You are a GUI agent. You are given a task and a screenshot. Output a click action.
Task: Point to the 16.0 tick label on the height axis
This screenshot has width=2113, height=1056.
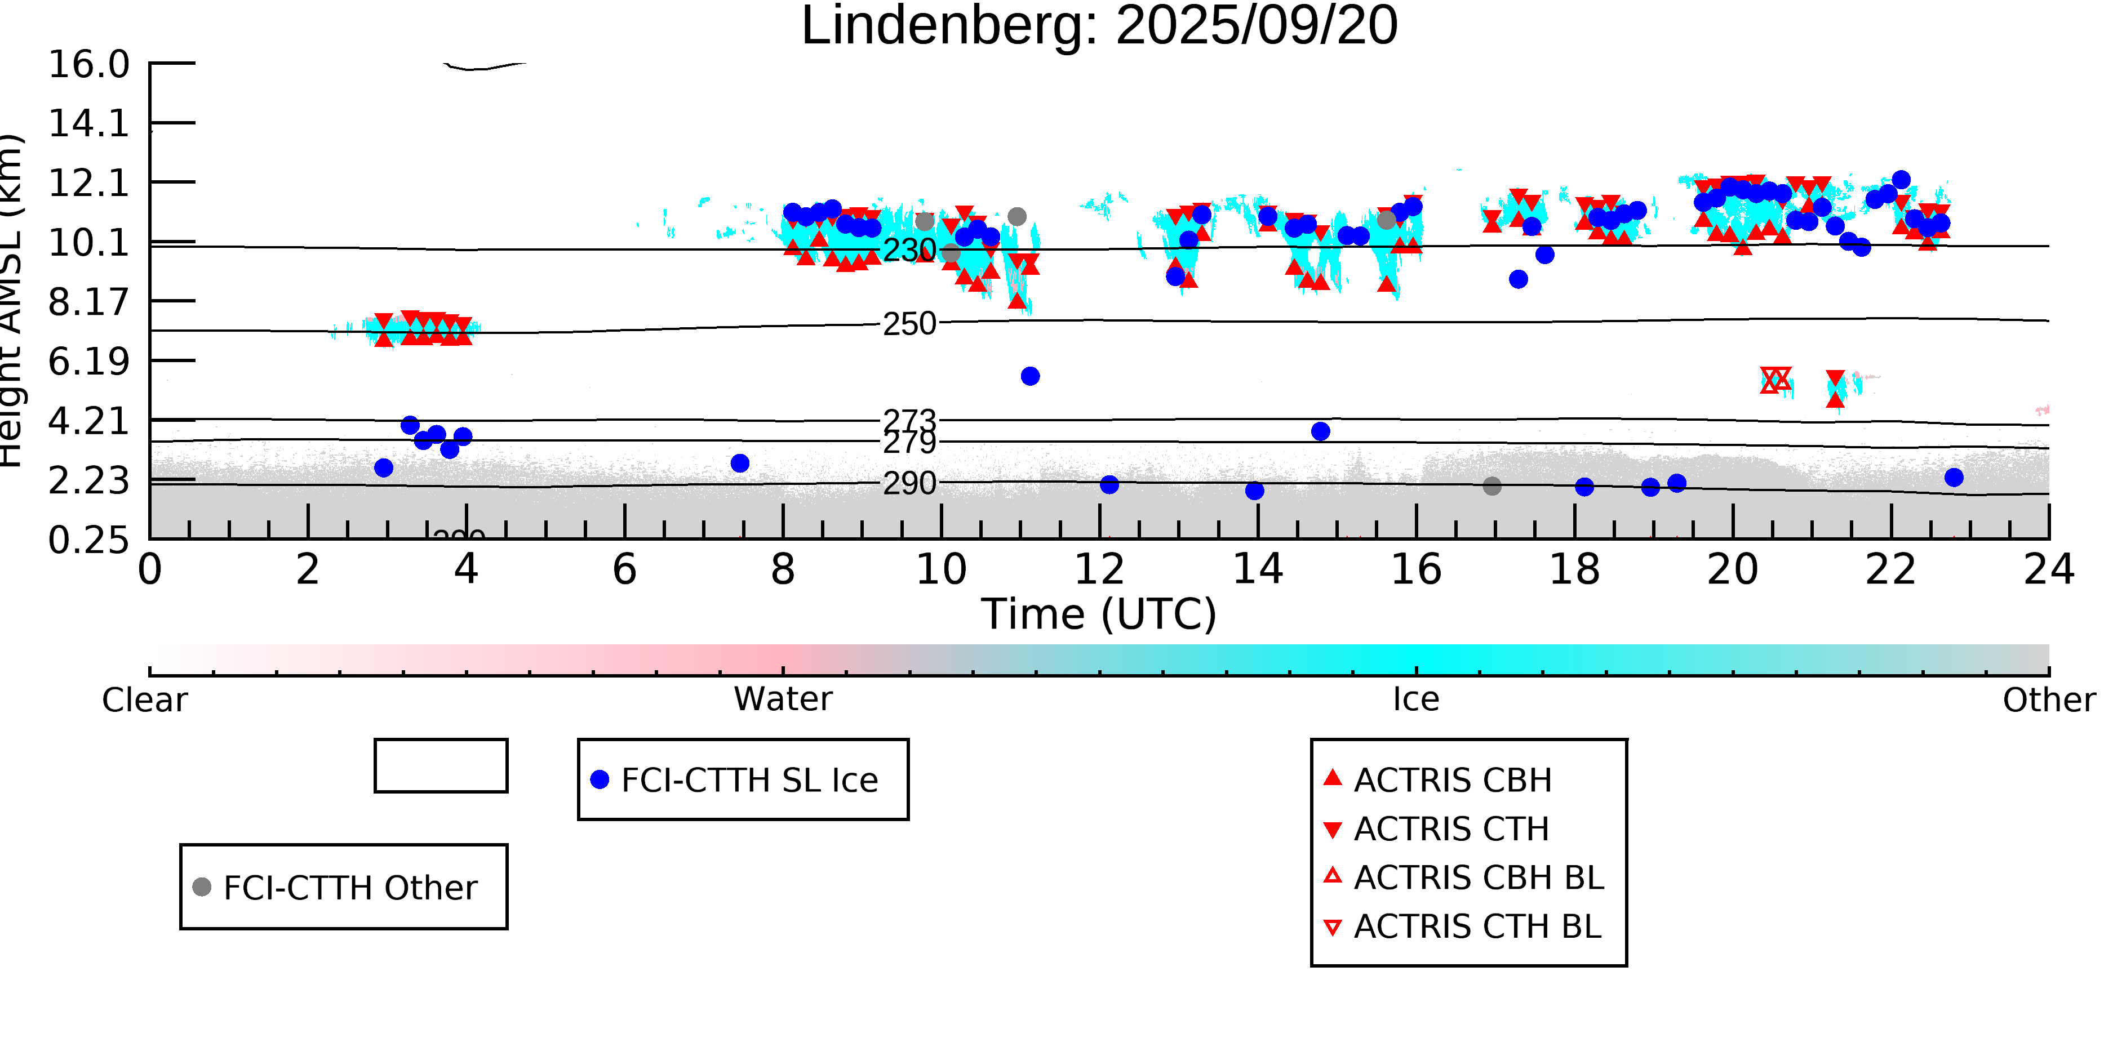tap(88, 65)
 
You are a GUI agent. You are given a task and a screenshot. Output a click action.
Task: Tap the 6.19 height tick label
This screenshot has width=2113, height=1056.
tap(88, 362)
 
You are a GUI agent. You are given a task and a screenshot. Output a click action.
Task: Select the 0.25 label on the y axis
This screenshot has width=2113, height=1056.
tap(88, 540)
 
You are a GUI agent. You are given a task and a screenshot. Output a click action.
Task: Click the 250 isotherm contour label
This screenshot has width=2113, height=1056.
tap(909, 324)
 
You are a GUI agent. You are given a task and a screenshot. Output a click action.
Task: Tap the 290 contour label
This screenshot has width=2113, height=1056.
tap(909, 484)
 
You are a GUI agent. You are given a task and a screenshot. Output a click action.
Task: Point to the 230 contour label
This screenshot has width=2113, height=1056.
tap(909, 250)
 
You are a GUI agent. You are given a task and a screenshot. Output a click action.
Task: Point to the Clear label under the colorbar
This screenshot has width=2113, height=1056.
tap(144, 700)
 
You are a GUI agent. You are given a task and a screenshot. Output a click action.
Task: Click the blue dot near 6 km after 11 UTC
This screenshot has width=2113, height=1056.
tap(1030, 376)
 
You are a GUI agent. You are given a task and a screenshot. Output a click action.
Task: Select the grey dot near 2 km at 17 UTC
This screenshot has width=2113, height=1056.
tap(1492, 486)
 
